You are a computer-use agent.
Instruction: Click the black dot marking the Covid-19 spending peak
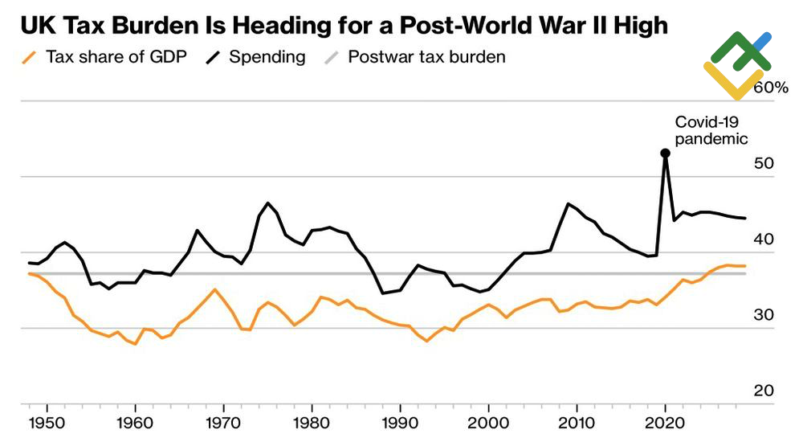tap(665, 153)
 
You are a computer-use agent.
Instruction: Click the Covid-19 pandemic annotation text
tap(711, 130)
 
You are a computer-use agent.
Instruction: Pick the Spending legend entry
tap(257, 57)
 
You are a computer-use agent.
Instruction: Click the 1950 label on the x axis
tap(47, 422)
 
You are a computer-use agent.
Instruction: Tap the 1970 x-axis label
tap(224, 422)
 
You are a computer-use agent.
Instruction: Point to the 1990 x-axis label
tap(400, 422)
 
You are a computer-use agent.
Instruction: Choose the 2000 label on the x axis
tap(488, 422)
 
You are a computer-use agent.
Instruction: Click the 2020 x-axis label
tap(665, 422)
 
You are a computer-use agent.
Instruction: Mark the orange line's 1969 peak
tap(214, 289)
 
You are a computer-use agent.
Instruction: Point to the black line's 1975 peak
tap(267, 203)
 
